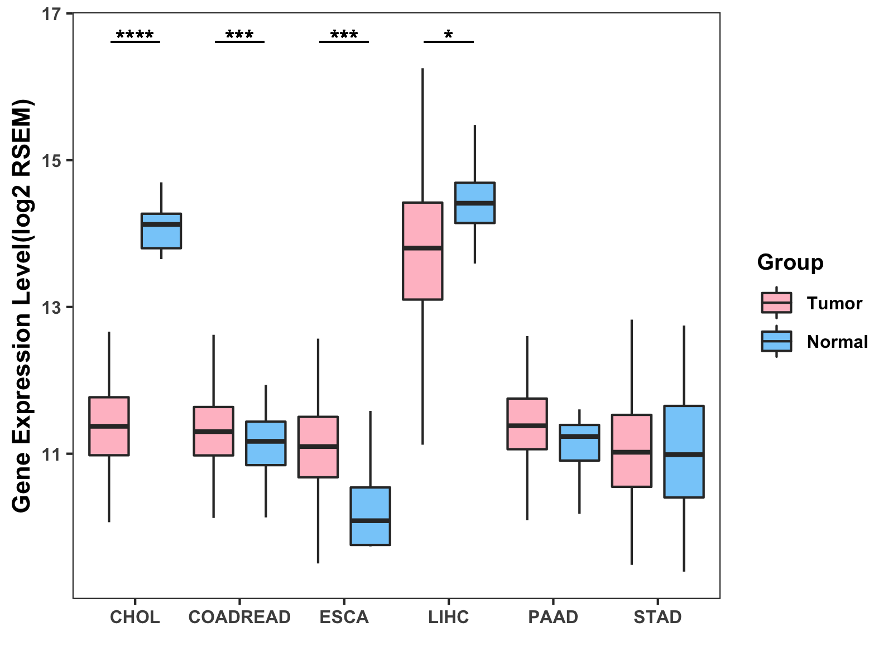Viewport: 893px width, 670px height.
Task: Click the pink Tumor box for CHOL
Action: click(109, 426)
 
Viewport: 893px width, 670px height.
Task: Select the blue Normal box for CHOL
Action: click(161, 231)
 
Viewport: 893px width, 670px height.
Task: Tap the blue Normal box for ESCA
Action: click(370, 516)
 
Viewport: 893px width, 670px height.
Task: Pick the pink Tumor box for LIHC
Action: click(423, 251)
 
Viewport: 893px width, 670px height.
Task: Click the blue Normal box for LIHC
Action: click(475, 203)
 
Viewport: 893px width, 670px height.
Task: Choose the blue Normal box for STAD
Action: click(684, 451)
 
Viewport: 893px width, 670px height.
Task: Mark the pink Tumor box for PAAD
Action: click(527, 424)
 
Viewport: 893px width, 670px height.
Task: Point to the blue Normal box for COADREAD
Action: click(266, 443)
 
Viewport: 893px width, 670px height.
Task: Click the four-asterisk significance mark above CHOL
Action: click(135, 36)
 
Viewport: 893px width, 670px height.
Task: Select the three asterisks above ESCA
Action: click(344, 36)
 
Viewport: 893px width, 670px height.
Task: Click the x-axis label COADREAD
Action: click(239, 617)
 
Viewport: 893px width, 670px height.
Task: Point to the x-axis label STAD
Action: click(657, 617)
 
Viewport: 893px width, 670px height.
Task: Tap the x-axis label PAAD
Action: click(553, 617)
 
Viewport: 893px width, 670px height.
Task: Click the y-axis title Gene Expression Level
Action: click(22, 305)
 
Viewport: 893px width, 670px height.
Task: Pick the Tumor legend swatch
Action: click(776, 303)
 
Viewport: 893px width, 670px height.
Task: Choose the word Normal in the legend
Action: click(837, 342)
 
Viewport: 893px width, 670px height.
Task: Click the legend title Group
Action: click(790, 262)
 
